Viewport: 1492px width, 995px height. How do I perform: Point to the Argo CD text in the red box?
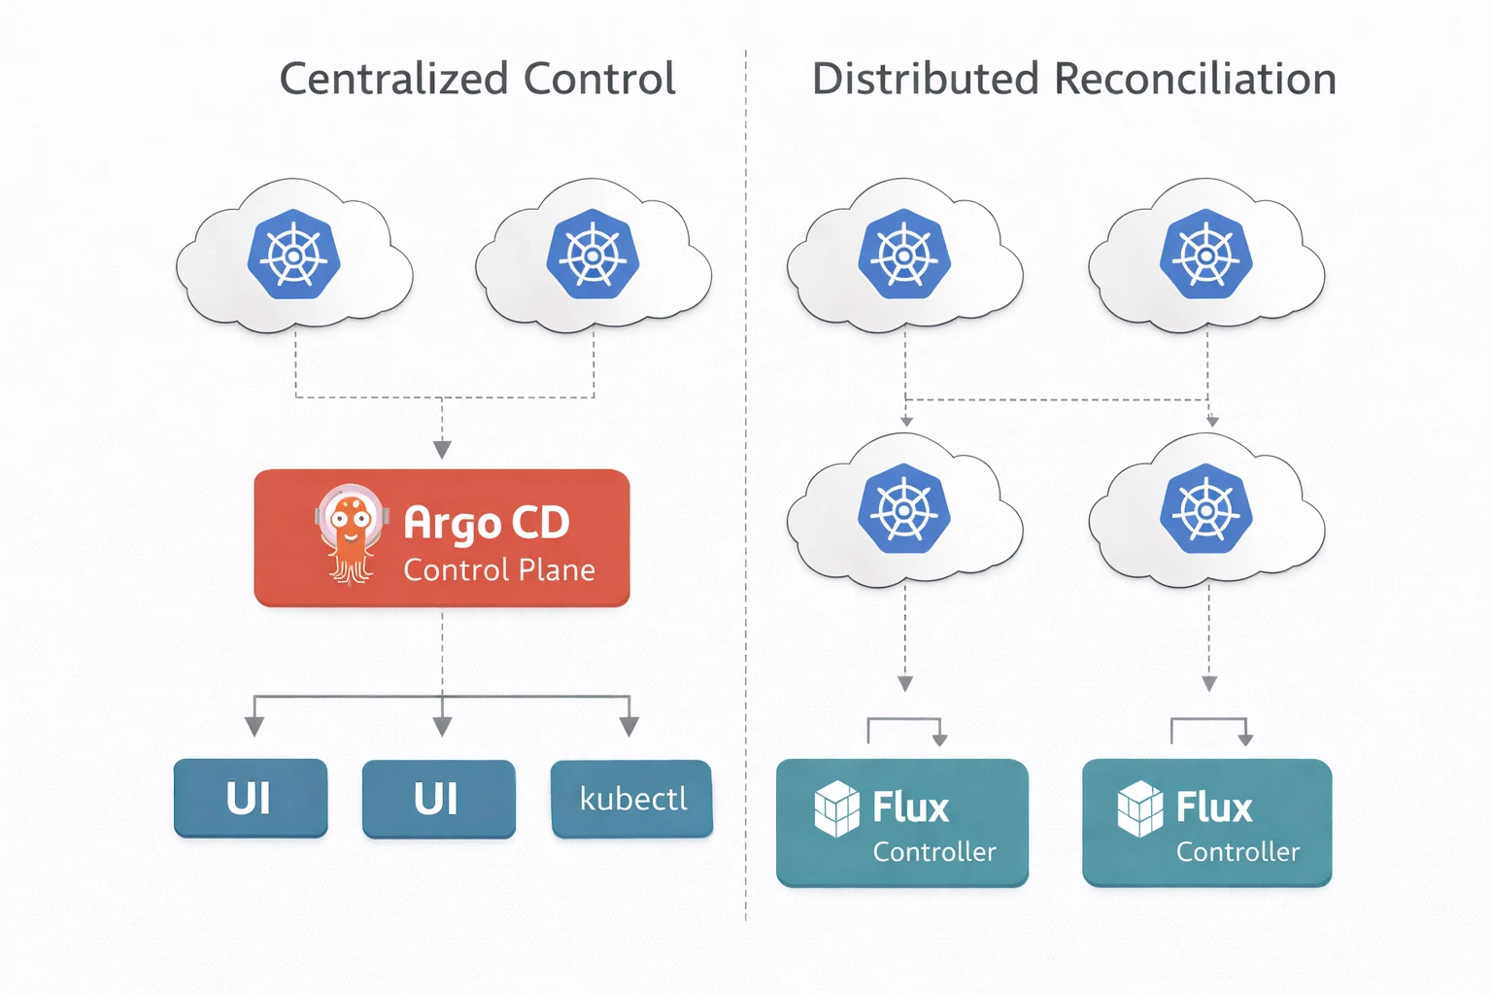tap(486, 523)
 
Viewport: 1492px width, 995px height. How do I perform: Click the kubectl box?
tap(632, 799)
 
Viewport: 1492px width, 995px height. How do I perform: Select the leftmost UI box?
tap(250, 799)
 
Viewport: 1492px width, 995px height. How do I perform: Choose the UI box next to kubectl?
tap(438, 799)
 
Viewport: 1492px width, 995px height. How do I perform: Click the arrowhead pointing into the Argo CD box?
tap(442, 449)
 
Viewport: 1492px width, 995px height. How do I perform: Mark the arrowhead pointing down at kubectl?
tap(629, 727)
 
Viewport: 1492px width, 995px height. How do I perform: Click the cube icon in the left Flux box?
tap(836, 808)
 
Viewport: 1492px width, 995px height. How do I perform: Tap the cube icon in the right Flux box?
tap(1139, 808)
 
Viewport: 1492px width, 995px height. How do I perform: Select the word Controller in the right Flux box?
tap(1238, 852)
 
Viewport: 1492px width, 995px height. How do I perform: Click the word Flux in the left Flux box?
tap(910, 807)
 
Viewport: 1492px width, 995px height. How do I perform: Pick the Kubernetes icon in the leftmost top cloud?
tap(293, 255)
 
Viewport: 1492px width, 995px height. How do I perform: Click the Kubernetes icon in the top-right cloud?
tap(1206, 255)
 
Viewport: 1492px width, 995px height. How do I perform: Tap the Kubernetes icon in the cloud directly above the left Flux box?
tap(903, 508)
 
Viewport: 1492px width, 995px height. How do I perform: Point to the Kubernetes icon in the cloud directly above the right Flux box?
tap(1205, 508)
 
